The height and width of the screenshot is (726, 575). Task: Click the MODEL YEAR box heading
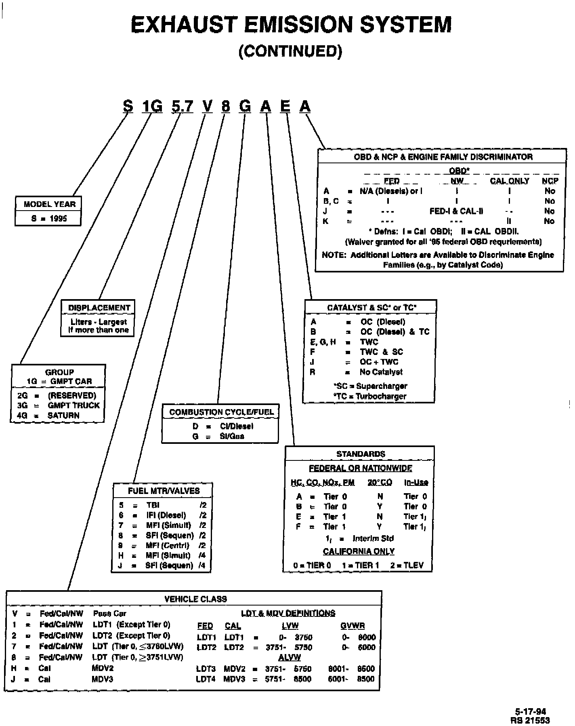pyautogui.click(x=49, y=204)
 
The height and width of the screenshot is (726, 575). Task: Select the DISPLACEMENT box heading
pyautogui.click(x=99, y=308)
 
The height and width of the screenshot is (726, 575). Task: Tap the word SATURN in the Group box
pyautogui.click(x=63, y=415)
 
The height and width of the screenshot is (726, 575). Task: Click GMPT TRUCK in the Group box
pyautogui.click(x=73, y=405)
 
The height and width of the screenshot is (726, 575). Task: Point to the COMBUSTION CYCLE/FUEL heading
pyautogui.click(x=221, y=412)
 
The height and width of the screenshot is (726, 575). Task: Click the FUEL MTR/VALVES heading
pyautogui.click(x=164, y=491)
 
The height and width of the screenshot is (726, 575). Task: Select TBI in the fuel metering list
pyautogui.click(x=153, y=505)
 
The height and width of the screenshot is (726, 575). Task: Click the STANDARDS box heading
pyautogui.click(x=361, y=454)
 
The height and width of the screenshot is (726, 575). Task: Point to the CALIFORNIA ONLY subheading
pyautogui.click(x=359, y=551)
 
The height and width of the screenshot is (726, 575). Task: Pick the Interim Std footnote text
pyautogui.click(x=373, y=538)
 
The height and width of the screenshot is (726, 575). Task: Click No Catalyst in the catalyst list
pyautogui.click(x=381, y=372)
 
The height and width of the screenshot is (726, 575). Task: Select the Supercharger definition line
pyautogui.click(x=370, y=386)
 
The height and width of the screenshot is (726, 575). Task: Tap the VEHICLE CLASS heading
pyautogui.click(x=195, y=599)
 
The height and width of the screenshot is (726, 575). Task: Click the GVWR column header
pyautogui.click(x=352, y=626)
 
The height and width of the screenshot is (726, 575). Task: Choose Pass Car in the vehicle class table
pyautogui.click(x=109, y=614)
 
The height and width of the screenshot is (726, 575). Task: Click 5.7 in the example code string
pyautogui.click(x=182, y=106)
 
